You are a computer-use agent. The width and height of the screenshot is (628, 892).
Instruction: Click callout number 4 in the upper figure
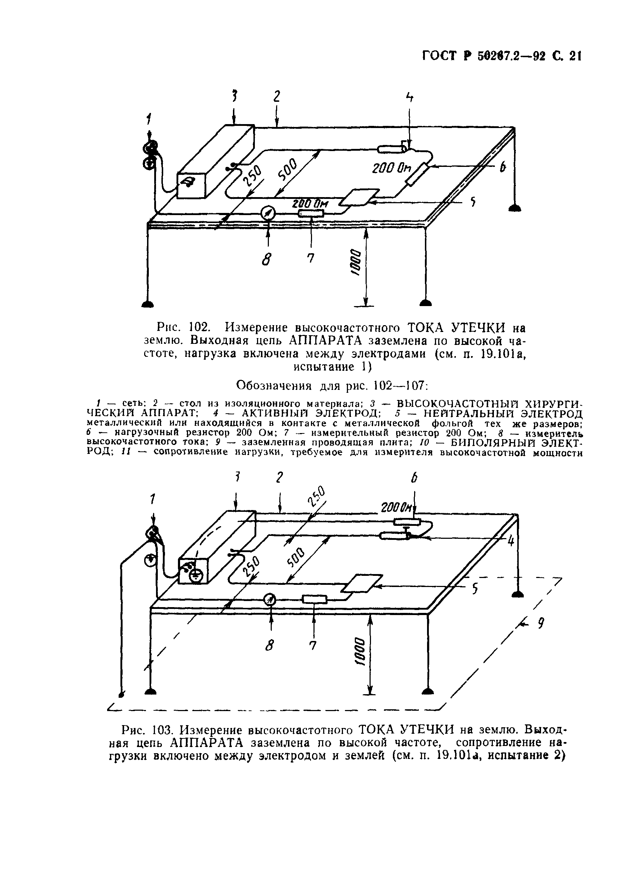pyautogui.click(x=409, y=98)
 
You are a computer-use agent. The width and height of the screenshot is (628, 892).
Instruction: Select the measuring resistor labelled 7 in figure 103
pyautogui.click(x=315, y=600)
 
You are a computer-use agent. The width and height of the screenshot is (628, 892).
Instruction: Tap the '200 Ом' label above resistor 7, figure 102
pyautogui.click(x=310, y=204)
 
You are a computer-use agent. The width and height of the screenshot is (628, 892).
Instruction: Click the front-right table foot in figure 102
pyautogui.click(x=426, y=302)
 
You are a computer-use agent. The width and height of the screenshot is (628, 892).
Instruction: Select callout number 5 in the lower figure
pyautogui.click(x=474, y=590)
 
